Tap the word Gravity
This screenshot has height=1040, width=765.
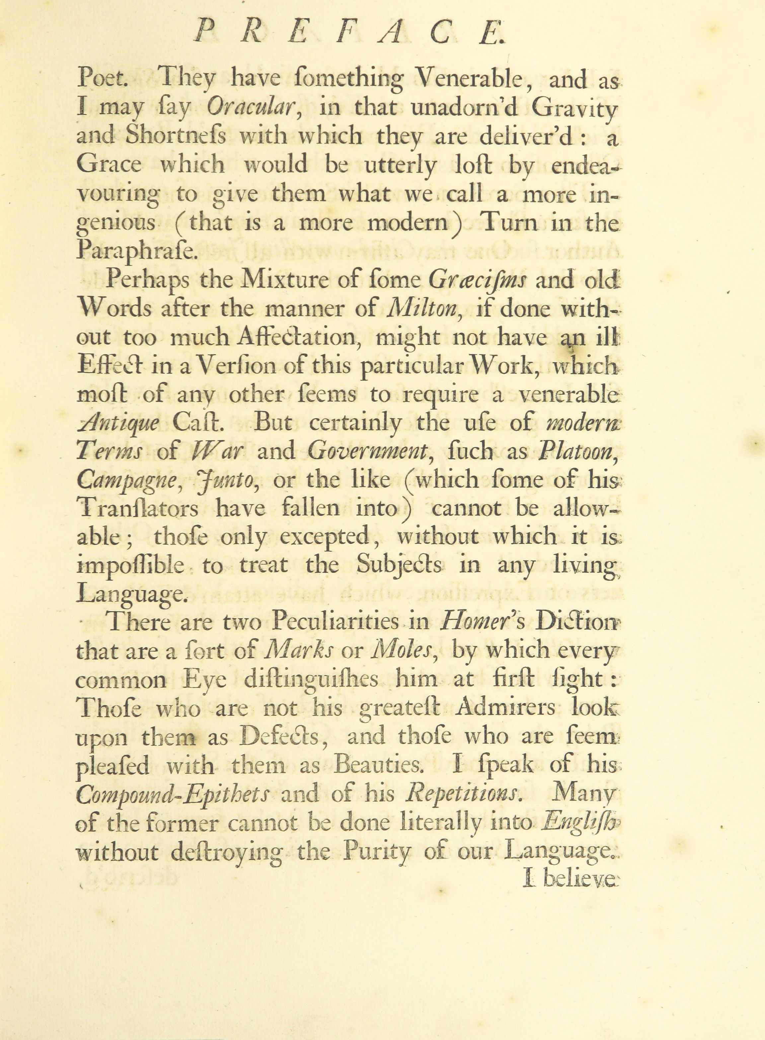(574, 109)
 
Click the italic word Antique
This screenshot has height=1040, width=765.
(118, 424)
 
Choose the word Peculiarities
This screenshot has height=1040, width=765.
(335, 622)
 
